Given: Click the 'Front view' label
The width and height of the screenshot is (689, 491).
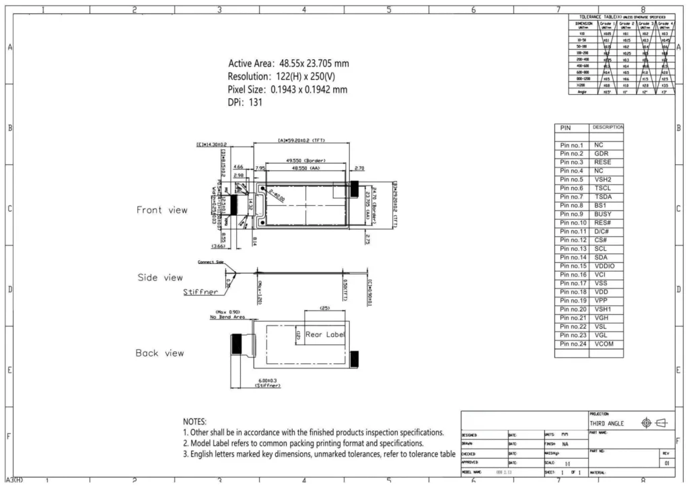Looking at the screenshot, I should (162, 210).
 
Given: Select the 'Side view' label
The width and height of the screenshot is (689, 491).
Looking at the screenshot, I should (160, 277).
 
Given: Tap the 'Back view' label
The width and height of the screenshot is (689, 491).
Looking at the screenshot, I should (159, 352).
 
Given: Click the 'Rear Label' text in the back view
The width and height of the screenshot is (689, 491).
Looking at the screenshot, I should (326, 334).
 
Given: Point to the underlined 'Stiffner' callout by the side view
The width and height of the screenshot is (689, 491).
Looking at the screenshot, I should (201, 293).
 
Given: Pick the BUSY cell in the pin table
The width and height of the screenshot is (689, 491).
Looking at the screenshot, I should (603, 214).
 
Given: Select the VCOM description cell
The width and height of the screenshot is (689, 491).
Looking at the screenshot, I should (604, 344).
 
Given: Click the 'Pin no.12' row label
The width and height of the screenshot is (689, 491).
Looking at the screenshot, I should (573, 240).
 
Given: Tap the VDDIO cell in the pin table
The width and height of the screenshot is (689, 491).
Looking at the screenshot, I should (604, 266).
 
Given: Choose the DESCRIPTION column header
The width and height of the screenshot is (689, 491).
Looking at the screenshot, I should (607, 127).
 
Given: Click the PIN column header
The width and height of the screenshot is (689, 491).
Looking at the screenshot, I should (565, 128).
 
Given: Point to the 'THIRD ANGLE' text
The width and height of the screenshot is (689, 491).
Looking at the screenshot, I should (606, 424).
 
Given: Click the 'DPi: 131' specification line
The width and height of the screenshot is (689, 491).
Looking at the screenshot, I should (245, 102).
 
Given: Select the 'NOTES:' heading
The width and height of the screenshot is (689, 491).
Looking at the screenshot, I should (195, 421).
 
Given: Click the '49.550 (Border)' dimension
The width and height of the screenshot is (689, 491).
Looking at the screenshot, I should (305, 161).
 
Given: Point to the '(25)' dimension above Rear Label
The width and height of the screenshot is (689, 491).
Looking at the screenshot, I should (325, 307).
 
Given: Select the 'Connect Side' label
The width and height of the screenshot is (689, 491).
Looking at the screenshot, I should (210, 262).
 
